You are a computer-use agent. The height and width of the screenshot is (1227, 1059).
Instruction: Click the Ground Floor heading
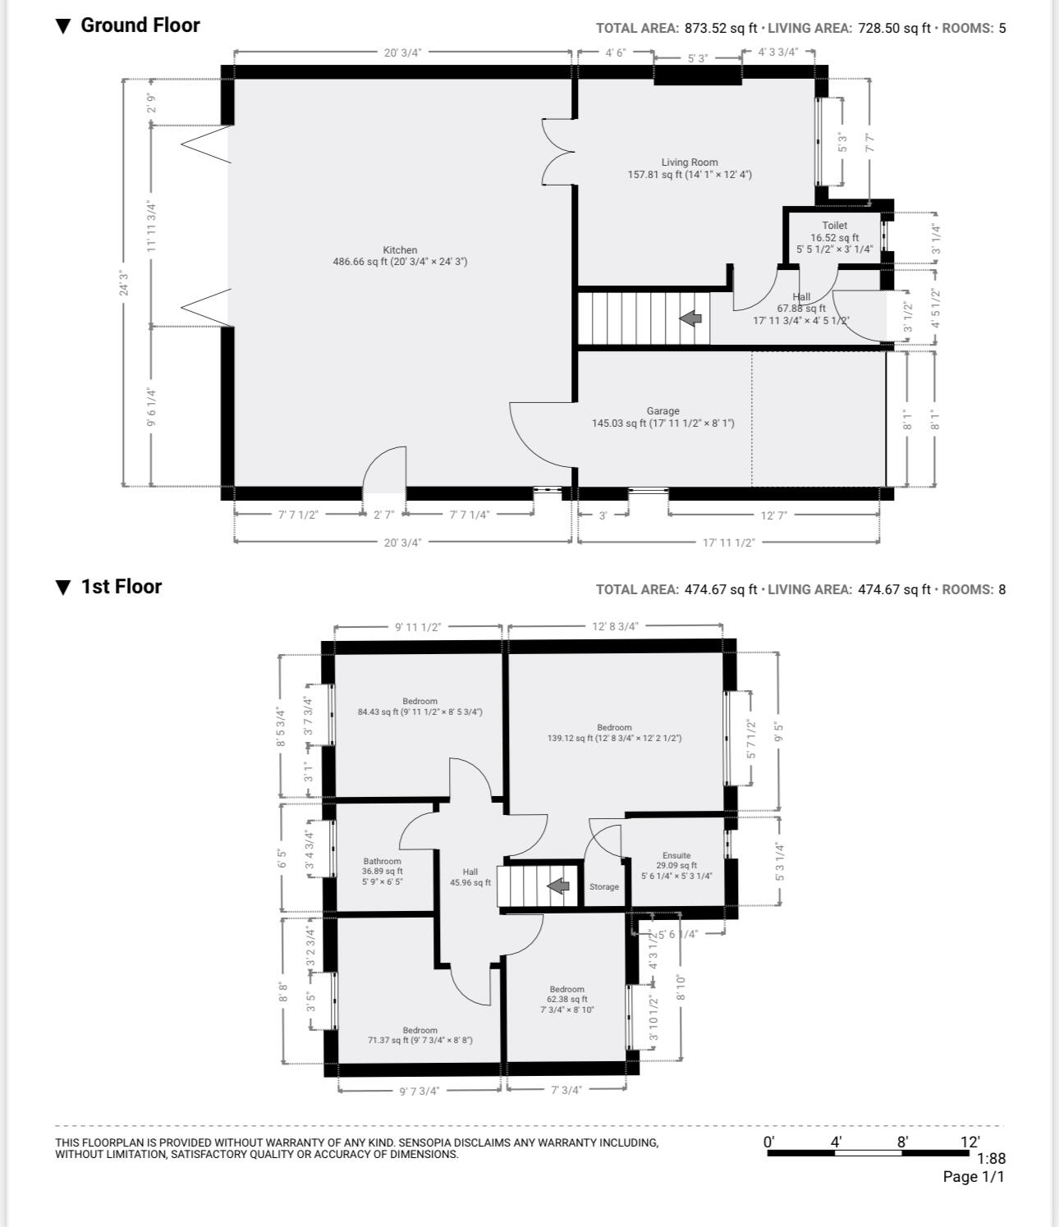[x=140, y=25]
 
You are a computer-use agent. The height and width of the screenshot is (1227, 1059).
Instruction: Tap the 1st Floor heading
[x=121, y=587]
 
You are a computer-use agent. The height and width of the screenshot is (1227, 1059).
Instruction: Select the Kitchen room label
[x=400, y=250]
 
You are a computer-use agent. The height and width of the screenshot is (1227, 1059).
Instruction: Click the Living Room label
[x=690, y=162]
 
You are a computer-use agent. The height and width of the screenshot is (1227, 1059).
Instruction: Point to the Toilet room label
[x=835, y=226]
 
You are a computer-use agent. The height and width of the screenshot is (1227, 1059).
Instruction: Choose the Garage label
[x=663, y=411]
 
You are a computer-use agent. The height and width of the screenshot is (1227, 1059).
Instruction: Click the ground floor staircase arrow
[x=690, y=318]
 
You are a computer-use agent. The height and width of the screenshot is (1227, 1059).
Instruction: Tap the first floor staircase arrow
[x=558, y=886]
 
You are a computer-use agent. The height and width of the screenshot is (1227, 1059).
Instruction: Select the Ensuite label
[x=676, y=855]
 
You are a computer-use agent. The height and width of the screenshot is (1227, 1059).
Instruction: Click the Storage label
[x=604, y=887]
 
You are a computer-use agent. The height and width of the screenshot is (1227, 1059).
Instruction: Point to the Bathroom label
[x=383, y=861]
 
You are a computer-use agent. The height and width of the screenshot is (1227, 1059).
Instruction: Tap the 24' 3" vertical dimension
[x=123, y=282]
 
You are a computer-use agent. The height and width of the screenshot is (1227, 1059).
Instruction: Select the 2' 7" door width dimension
[x=384, y=515]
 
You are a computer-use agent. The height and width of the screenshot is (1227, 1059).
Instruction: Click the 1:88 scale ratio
[x=992, y=1158]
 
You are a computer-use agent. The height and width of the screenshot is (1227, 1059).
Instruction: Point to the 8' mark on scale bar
[x=902, y=1142]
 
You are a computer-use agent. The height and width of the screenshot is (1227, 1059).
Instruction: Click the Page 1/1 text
[x=974, y=1177]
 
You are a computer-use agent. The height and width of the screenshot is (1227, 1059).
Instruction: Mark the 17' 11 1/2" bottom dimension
[x=729, y=543]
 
